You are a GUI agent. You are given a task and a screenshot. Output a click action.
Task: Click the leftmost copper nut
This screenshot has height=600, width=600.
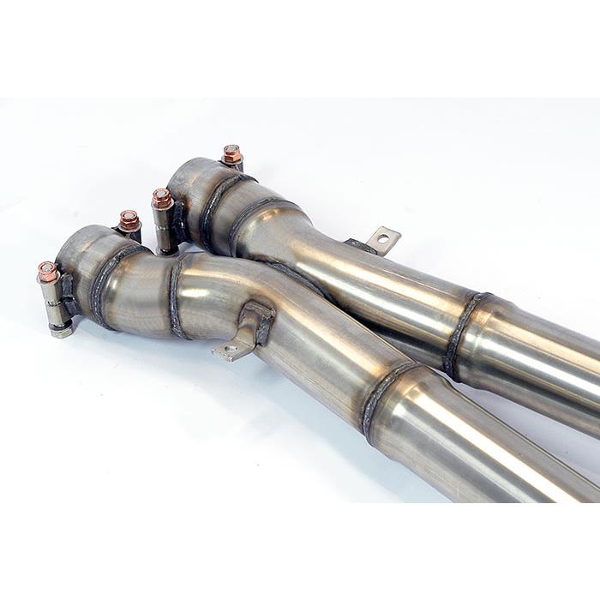click(48, 272)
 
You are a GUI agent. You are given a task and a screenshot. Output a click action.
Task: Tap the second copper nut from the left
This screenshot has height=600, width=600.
click(129, 219)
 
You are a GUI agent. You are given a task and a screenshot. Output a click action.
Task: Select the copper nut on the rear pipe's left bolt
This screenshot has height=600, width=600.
click(162, 198)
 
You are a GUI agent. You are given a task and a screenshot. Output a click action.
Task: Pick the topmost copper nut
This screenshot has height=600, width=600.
click(231, 153)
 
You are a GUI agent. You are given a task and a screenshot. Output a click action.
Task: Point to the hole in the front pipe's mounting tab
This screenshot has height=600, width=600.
click(228, 349)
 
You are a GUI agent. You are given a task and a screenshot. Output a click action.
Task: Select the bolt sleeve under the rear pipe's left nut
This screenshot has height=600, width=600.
click(165, 227)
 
